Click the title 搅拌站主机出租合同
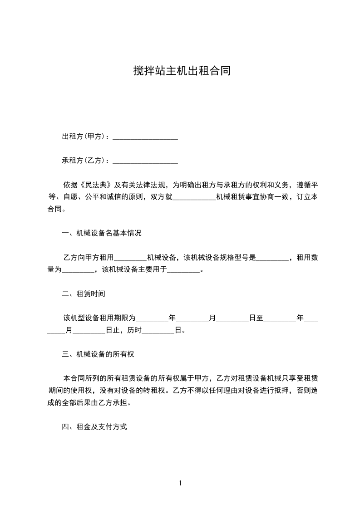182,71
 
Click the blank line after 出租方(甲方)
145,137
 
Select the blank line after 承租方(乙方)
145,161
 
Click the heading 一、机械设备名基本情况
102,234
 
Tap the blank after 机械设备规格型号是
272,258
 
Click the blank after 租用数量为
78,270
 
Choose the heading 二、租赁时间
84,294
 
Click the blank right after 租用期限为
152,318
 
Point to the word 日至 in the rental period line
256,318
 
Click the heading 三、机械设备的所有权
98,354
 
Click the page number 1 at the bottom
180,483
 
